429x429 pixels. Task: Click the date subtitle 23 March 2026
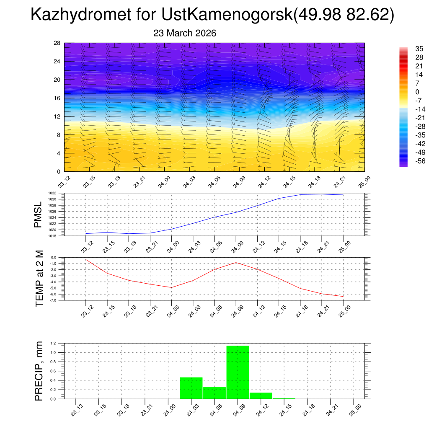185,34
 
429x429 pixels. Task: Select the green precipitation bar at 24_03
191,388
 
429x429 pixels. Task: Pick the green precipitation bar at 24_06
214,393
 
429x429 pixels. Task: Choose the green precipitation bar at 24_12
261,395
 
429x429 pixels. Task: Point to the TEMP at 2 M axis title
39,279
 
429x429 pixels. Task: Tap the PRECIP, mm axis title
39,370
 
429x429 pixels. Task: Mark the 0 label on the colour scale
417,92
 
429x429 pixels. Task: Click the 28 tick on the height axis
57,43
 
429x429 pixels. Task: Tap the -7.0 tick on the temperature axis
53,300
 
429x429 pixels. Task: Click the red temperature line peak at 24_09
236,262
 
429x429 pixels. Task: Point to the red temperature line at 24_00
172,287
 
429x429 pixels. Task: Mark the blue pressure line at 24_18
300,194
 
